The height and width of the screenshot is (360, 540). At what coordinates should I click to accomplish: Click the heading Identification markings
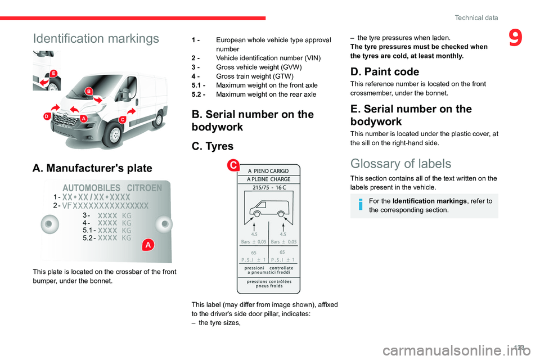click(x=96, y=39)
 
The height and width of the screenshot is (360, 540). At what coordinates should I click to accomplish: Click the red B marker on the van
click(x=89, y=92)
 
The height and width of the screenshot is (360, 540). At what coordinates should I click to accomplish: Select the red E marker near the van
click(x=53, y=74)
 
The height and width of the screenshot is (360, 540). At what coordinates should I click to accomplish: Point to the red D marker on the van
click(x=48, y=116)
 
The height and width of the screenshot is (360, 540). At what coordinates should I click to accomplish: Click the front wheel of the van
click(x=116, y=135)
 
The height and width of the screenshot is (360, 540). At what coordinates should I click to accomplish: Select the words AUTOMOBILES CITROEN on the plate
click(x=112, y=187)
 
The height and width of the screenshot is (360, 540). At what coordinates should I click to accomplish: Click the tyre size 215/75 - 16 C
click(x=269, y=188)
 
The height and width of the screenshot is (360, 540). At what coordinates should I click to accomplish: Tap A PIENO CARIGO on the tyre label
click(x=268, y=170)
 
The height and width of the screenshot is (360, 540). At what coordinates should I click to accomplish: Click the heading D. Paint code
click(x=384, y=71)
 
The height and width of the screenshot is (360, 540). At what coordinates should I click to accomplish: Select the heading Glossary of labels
click(x=400, y=164)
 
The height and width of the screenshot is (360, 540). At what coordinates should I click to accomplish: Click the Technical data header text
click(x=476, y=18)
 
